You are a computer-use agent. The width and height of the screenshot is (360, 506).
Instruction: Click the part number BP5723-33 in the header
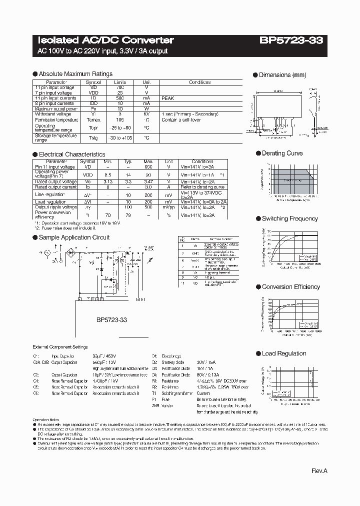[x=294, y=40]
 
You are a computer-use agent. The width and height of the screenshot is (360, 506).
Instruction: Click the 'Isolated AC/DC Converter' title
[x=105, y=40]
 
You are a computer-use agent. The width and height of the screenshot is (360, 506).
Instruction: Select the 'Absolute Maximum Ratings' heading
[x=75, y=74]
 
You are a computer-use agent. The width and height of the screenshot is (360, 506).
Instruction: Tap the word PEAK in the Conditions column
[x=167, y=98]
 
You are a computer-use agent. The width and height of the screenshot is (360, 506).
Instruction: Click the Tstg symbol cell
[x=93, y=137]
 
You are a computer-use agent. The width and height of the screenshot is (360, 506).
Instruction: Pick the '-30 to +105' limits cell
[x=120, y=137]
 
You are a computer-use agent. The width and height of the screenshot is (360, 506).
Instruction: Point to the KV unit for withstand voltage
[x=146, y=114]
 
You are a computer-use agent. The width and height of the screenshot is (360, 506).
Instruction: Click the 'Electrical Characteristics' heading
[x=72, y=154]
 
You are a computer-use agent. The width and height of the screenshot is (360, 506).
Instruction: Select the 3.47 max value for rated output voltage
[x=148, y=182]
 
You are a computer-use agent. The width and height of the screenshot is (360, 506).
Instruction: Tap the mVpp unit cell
[x=169, y=206]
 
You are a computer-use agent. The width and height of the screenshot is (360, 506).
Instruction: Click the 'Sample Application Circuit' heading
[x=74, y=237]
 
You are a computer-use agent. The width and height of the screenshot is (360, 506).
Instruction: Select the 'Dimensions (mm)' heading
[x=282, y=75]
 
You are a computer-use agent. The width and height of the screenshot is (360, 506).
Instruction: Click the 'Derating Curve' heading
[x=282, y=153]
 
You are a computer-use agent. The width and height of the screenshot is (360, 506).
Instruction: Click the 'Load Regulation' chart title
[x=284, y=353]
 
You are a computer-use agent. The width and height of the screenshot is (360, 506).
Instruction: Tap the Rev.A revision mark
[x=319, y=471]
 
